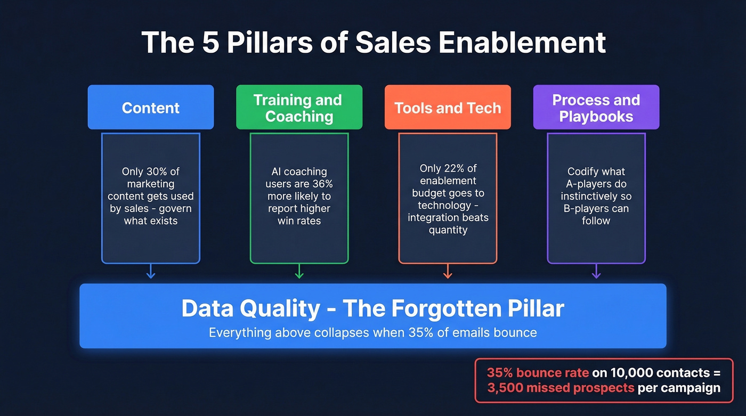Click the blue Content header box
click(x=151, y=107)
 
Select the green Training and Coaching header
click(x=299, y=107)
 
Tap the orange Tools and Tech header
click(x=448, y=108)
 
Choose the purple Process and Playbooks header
click(x=596, y=107)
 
